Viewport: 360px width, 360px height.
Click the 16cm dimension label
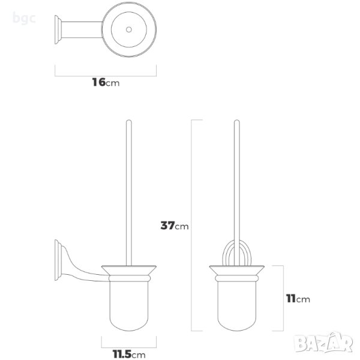click(106, 82)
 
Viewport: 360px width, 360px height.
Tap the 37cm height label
click(175, 226)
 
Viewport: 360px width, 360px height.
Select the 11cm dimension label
click(298, 299)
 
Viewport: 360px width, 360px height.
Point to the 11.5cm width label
click(129, 354)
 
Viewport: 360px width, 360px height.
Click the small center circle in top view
click(129, 29)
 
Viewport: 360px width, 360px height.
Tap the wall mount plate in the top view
click(58, 29)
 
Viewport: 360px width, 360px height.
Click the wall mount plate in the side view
click(58, 260)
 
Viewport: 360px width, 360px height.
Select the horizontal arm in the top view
click(82, 29)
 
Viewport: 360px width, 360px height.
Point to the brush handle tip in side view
click(129, 121)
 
